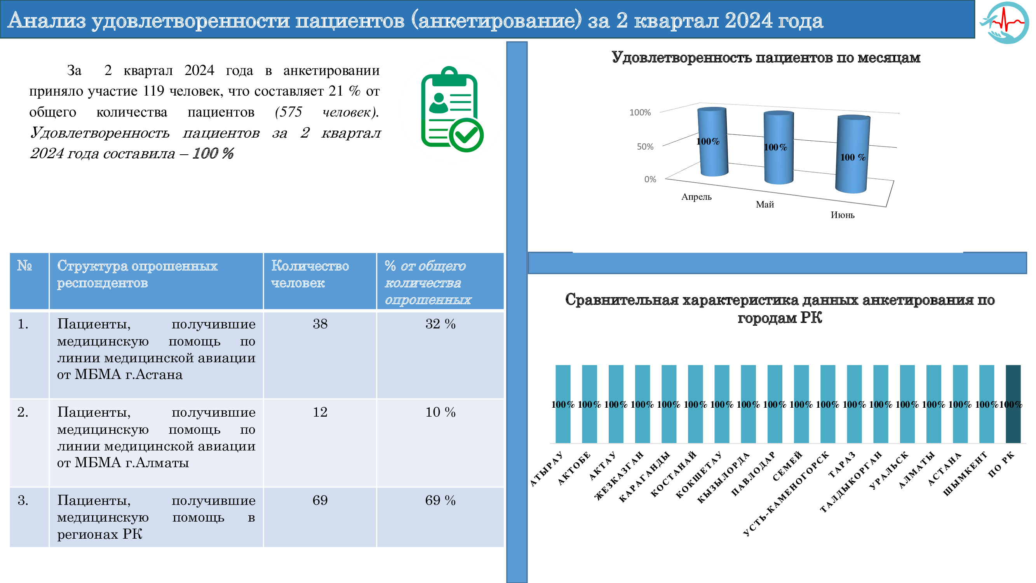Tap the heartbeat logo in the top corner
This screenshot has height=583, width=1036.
[x=1005, y=22]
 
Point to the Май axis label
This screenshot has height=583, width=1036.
[x=764, y=204]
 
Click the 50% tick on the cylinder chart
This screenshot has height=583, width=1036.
[x=645, y=147]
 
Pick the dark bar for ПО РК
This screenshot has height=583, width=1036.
[x=1013, y=403]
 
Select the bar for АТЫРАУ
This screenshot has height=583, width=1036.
[x=562, y=403]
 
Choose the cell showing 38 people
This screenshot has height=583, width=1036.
[x=320, y=324]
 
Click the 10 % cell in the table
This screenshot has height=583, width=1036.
[x=440, y=412]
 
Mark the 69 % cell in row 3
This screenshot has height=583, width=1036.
[x=440, y=500]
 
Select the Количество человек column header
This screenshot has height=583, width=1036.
[x=310, y=274]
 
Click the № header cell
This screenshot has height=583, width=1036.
[x=24, y=265]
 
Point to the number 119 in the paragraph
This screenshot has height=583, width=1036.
[x=153, y=91]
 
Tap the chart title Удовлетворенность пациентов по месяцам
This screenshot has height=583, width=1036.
[x=765, y=58]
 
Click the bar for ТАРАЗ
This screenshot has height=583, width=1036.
[x=854, y=403]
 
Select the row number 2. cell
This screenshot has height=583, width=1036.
[x=23, y=412]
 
